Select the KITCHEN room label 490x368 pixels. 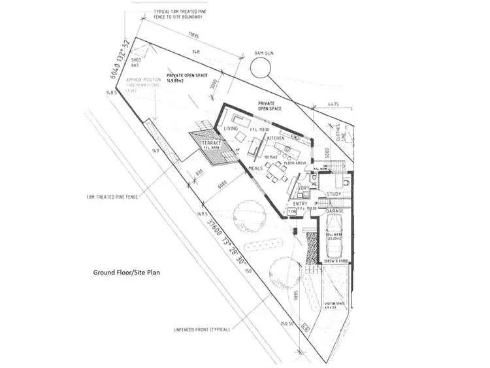(x=276, y=139)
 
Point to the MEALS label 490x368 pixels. (x=256, y=169)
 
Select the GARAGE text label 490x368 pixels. (x=335, y=211)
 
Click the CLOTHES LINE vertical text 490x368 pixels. (x=339, y=135)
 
